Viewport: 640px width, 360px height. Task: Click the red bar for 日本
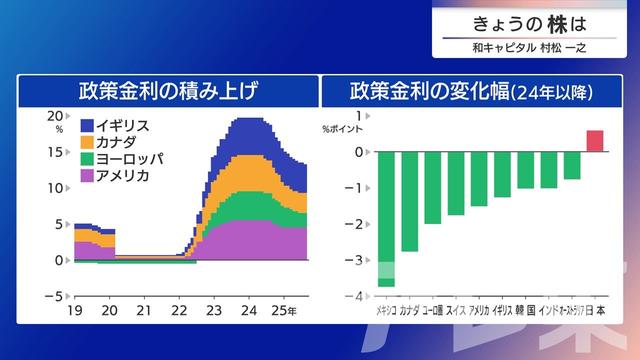595,141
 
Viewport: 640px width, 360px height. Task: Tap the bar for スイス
456,182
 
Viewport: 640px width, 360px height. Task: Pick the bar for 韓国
525,169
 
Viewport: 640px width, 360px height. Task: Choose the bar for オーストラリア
572,165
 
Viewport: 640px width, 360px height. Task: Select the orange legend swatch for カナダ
87,142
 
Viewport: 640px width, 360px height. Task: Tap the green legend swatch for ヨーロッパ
87,159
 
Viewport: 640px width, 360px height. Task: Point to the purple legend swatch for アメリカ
87,176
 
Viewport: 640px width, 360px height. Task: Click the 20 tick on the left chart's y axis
55,115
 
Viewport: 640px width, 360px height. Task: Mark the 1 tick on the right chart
357,115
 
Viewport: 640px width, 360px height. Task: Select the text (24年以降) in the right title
552,92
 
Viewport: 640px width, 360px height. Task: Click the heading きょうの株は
530,23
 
